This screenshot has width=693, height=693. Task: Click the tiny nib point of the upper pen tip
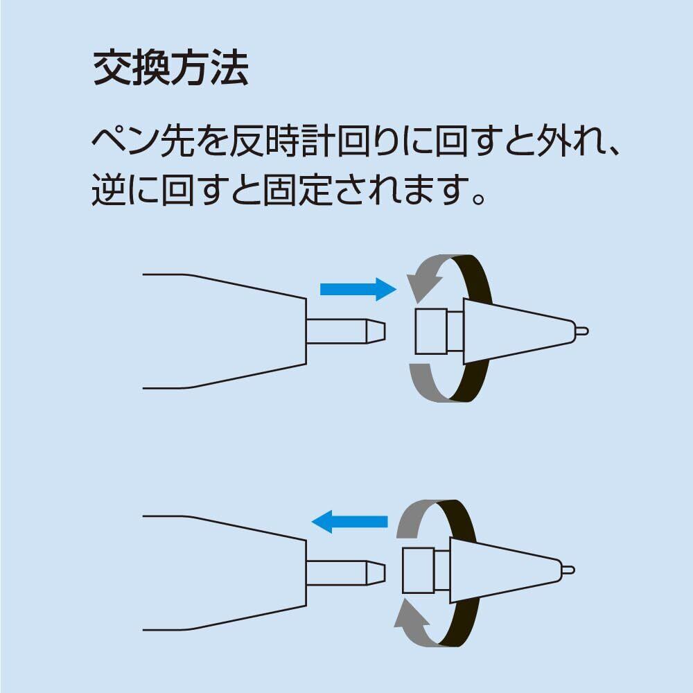tap(582, 331)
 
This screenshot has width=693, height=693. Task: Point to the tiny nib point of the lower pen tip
tap(568, 570)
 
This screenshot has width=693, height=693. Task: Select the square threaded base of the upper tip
tap(430, 331)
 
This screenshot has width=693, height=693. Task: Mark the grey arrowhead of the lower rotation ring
tap(409, 615)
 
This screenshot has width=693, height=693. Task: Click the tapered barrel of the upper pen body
tap(229, 331)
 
